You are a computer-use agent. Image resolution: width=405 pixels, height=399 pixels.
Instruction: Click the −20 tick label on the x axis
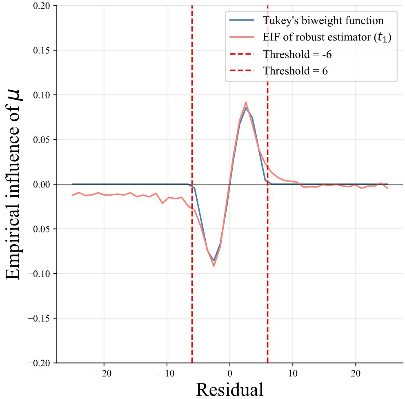click(104, 373)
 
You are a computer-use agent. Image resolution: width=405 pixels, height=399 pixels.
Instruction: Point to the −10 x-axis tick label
click(167, 373)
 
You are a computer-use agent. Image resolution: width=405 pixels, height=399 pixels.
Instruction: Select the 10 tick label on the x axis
click(293, 373)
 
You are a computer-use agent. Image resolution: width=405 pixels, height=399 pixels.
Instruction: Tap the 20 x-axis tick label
click(356, 373)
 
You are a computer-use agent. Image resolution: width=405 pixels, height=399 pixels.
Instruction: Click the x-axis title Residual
click(229, 389)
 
